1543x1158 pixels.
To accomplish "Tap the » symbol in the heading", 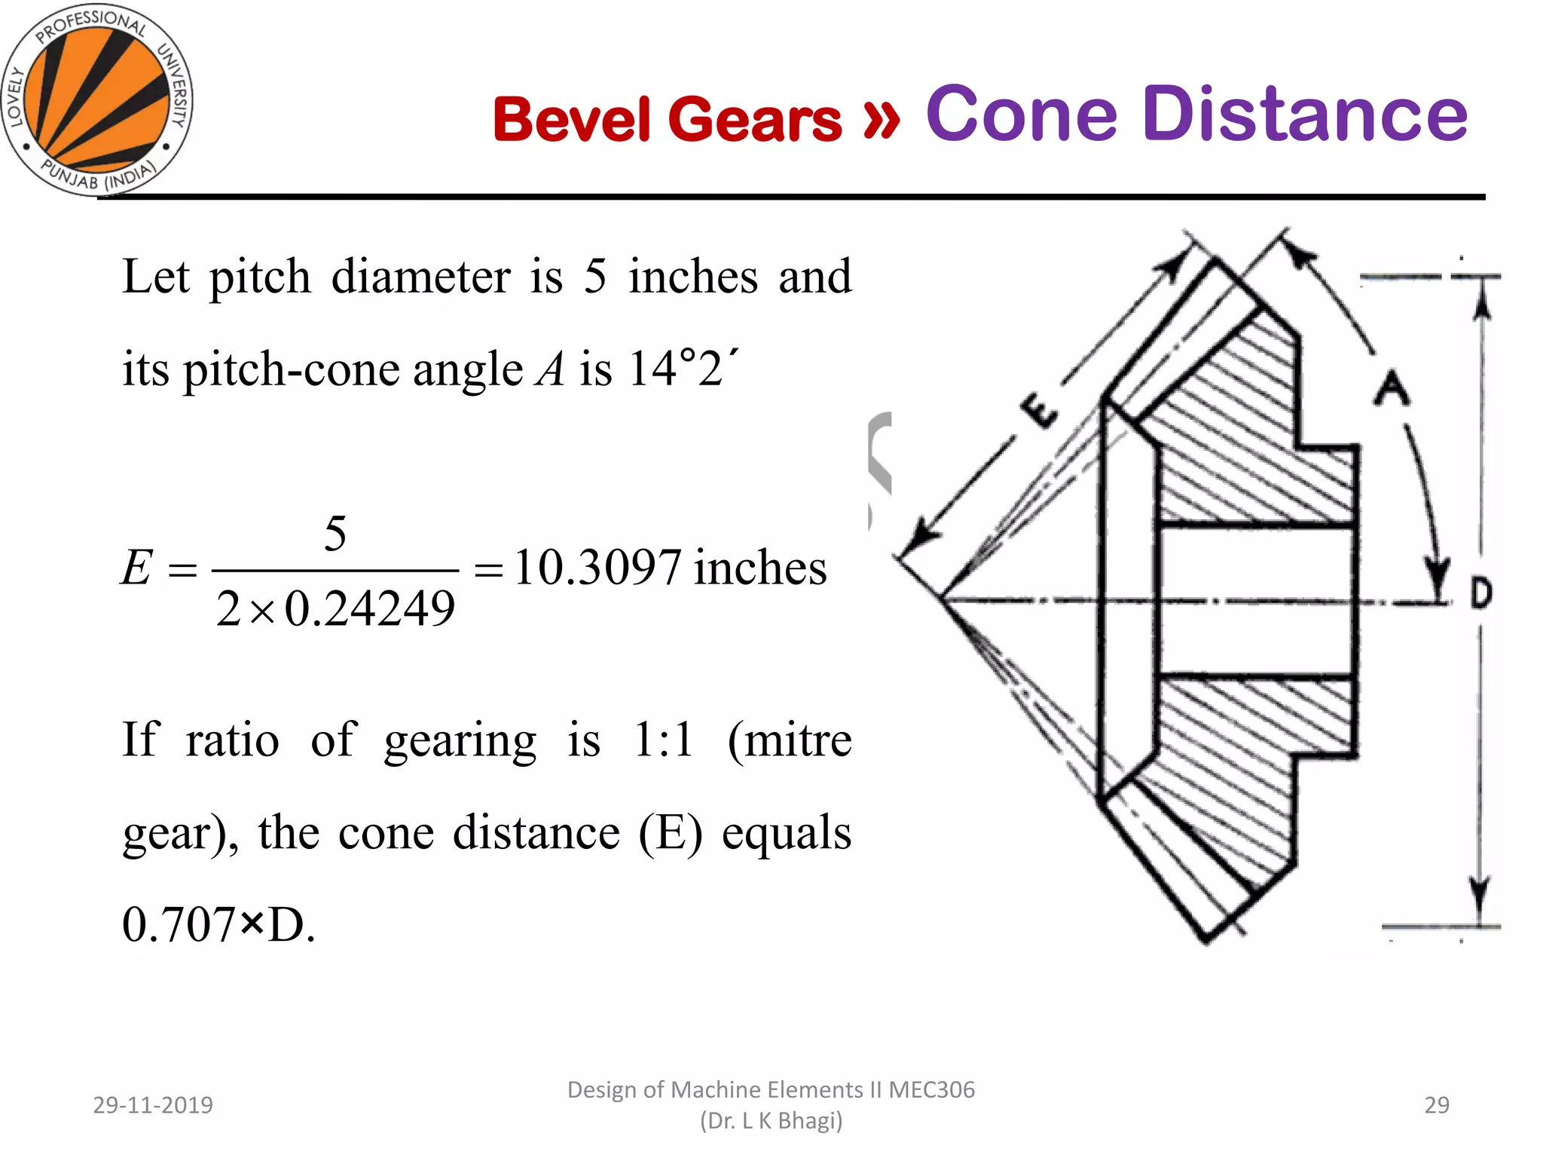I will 881,118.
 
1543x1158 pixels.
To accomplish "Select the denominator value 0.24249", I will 370,609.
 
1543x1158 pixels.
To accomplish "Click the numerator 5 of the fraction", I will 335,534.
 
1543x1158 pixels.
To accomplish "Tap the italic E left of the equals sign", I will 136,568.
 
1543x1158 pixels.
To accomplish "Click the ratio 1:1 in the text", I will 663,740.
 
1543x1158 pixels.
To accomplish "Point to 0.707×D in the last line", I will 218,925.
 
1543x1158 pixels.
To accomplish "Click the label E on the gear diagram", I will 1038,410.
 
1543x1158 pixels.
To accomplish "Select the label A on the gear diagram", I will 1391,388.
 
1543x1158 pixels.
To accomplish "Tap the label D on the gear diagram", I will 1481,593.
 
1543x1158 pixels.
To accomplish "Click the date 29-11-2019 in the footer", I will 153,1105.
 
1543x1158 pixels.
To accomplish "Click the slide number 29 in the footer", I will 1437,1105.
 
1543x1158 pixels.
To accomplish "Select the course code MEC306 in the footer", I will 932,1090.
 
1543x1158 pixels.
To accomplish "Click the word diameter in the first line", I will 420,277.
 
